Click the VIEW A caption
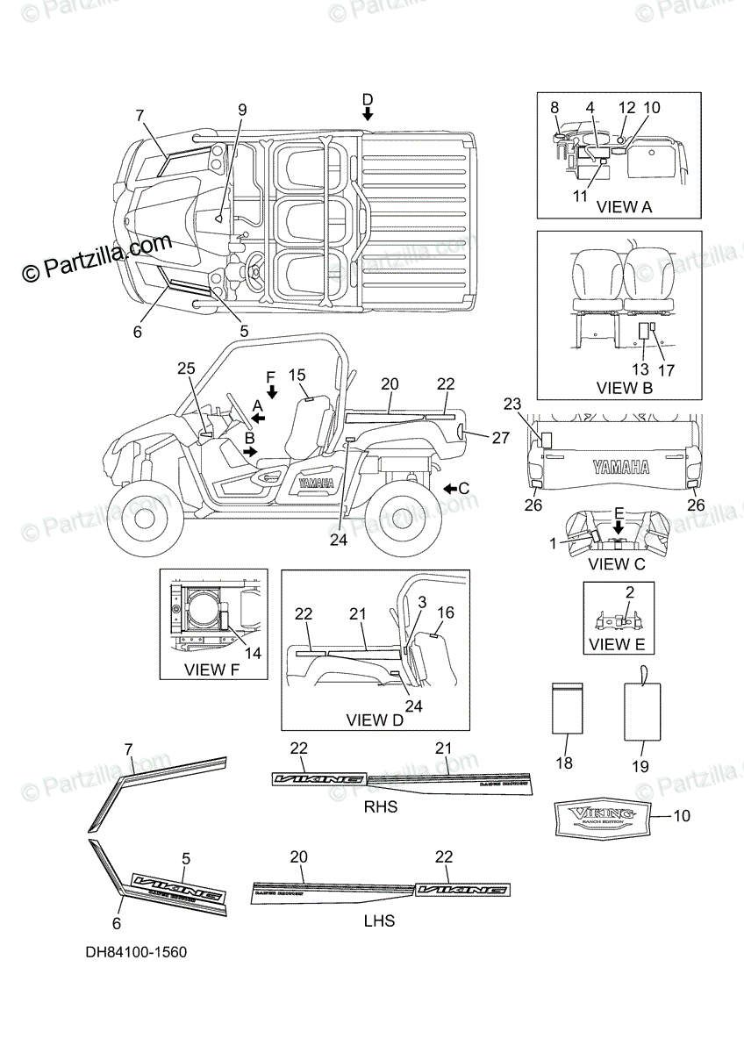(x=624, y=208)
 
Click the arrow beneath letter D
(x=368, y=114)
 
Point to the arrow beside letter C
(x=448, y=488)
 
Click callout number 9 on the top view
(x=242, y=111)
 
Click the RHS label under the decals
(x=380, y=806)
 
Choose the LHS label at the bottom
(x=378, y=920)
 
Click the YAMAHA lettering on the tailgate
(x=620, y=467)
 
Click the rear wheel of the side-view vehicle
(x=397, y=524)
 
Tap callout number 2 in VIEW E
(x=628, y=593)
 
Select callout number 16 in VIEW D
(x=446, y=613)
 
